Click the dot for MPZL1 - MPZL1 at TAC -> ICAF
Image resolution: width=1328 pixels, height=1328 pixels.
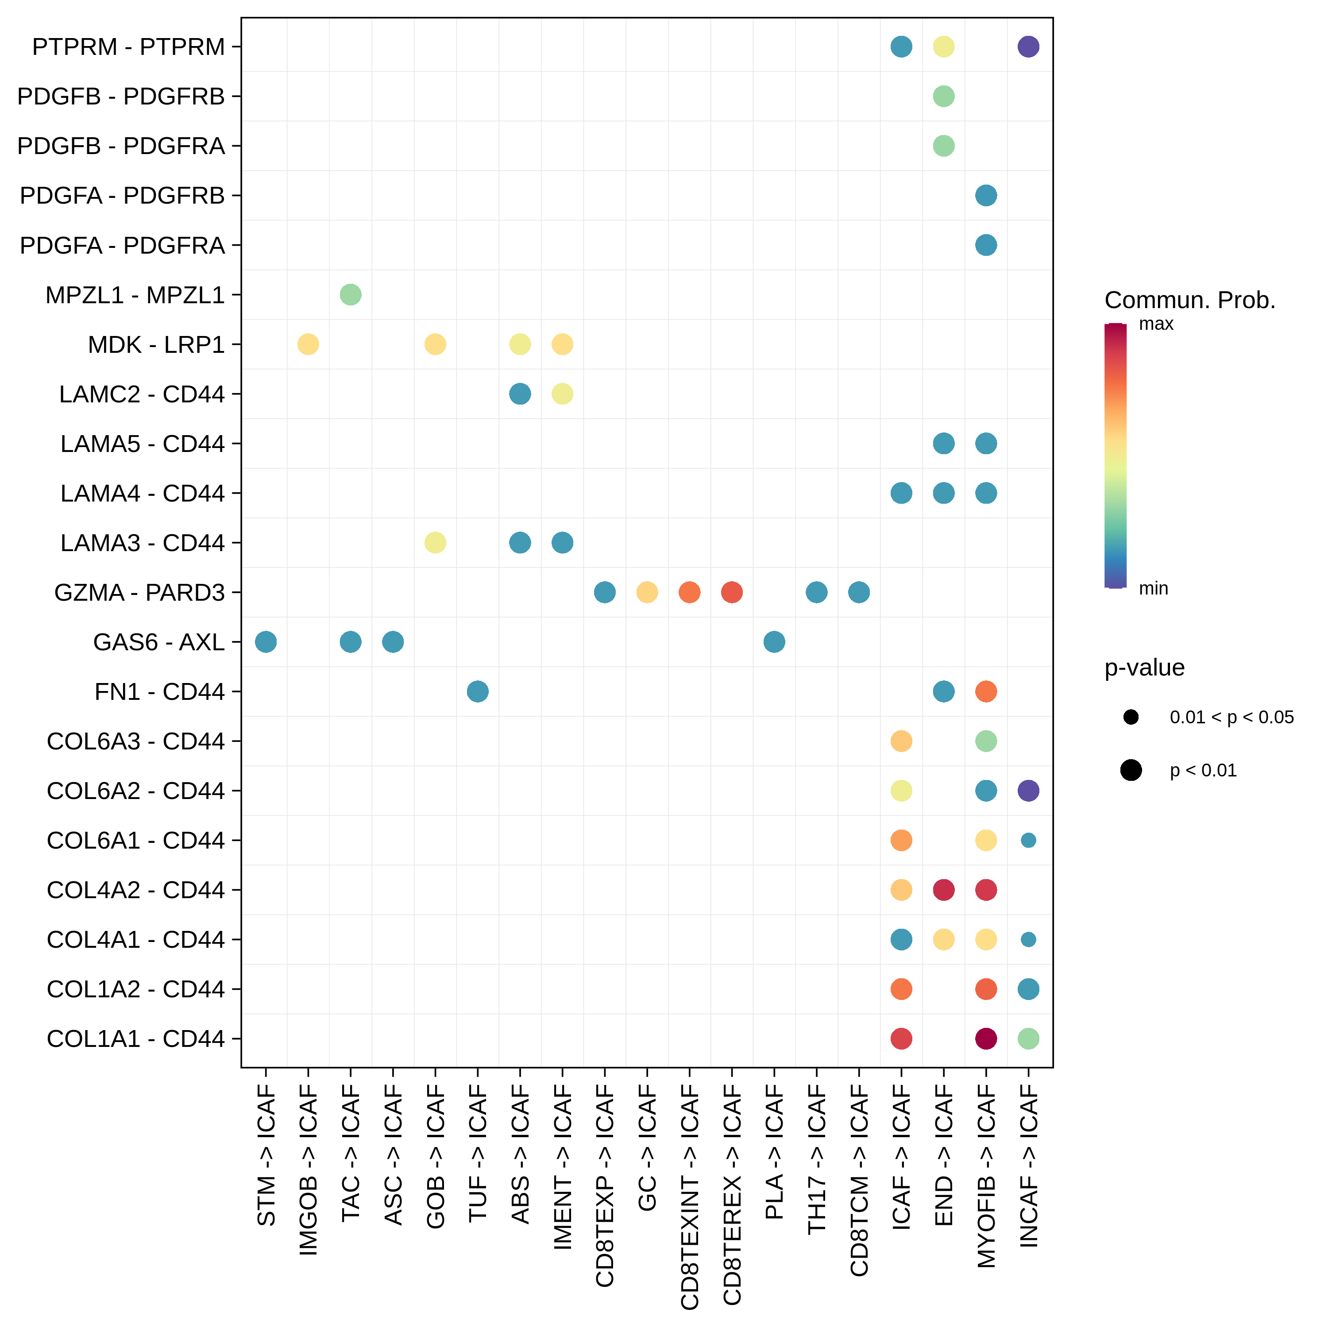351,295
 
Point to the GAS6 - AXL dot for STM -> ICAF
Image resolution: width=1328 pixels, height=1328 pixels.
266,642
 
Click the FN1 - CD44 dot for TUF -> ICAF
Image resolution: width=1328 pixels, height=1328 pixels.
478,691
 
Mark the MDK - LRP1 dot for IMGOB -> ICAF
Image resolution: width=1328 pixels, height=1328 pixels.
308,344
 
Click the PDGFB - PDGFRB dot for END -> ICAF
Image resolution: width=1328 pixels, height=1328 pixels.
944,96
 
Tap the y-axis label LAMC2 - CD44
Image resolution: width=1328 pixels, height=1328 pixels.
142,394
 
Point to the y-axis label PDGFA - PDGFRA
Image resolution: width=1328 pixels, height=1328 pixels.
122,245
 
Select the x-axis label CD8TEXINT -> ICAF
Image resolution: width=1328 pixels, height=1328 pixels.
689,1197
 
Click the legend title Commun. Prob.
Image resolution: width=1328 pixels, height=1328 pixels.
1190,301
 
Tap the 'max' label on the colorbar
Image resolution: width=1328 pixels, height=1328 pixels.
1156,324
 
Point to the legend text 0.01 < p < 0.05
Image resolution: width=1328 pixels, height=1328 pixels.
1232,718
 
